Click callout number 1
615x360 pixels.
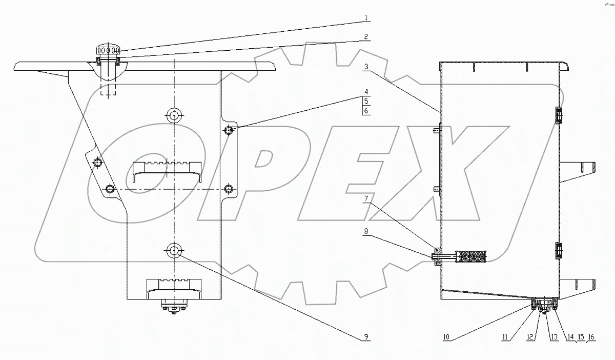pos(366,18)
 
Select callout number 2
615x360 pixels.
pos(366,36)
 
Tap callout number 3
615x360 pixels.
pos(366,67)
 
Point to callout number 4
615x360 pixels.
pos(366,91)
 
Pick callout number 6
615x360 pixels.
pos(366,111)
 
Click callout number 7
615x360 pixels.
pos(366,198)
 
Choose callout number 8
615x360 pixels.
pos(366,231)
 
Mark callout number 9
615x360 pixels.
pos(366,336)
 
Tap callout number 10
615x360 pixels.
pos(446,337)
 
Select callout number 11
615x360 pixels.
pos(505,337)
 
